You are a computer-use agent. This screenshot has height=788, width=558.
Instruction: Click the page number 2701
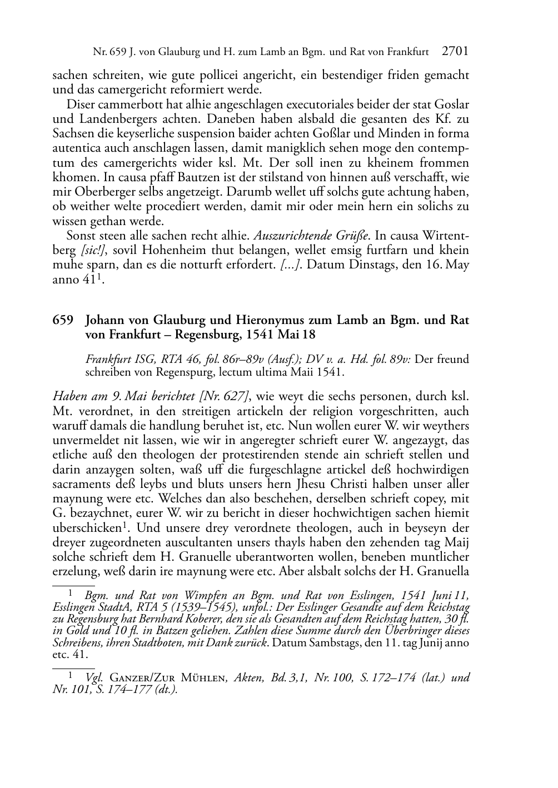[x=455, y=52]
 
